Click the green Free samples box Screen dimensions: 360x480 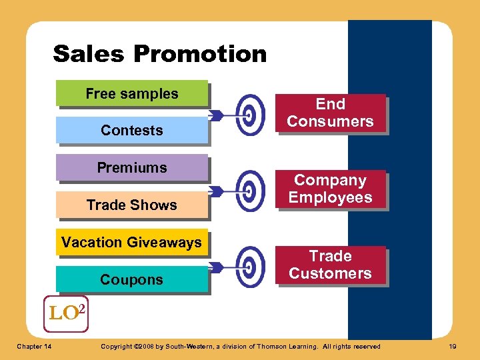pyautogui.click(x=132, y=94)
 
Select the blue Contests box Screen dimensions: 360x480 pyautogui.click(x=132, y=131)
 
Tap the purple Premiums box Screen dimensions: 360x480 pyautogui.click(x=132, y=168)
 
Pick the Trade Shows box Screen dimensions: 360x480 pyautogui.click(x=132, y=205)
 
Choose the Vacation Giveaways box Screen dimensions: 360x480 pyautogui.click(x=132, y=243)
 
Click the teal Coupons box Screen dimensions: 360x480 pyautogui.click(x=132, y=280)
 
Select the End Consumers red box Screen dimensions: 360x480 pyautogui.click(x=331, y=113)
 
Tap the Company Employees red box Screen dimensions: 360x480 pyautogui.click(x=331, y=189)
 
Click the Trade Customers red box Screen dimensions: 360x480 pyautogui.click(x=331, y=265)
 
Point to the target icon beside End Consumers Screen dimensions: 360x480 pyautogui.click(x=251, y=115)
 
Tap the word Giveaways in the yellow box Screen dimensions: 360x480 pyautogui.click(x=167, y=243)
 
